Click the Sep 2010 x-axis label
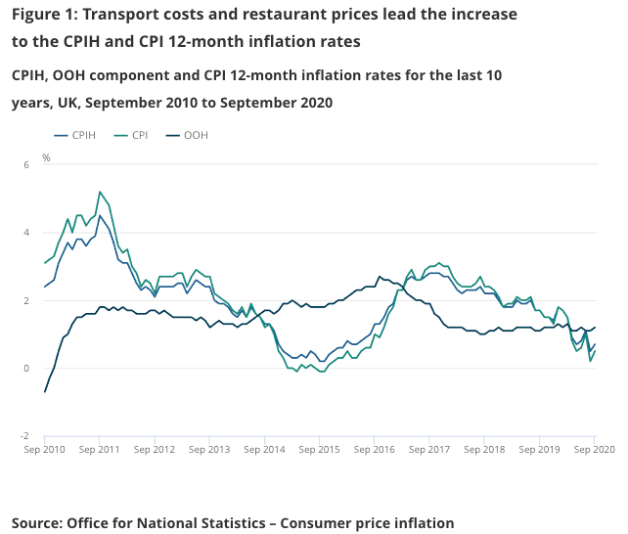pyautogui.click(x=45, y=450)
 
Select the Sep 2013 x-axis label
pyautogui.click(x=210, y=450)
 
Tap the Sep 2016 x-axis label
pyautogui.click(x=376, y=450)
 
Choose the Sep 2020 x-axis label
pyautogui.click(x=594, y=450)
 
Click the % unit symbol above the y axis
pyautogui.click(x=46, y=157)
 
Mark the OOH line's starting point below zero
pyautogui.click(x=45, y=392)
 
